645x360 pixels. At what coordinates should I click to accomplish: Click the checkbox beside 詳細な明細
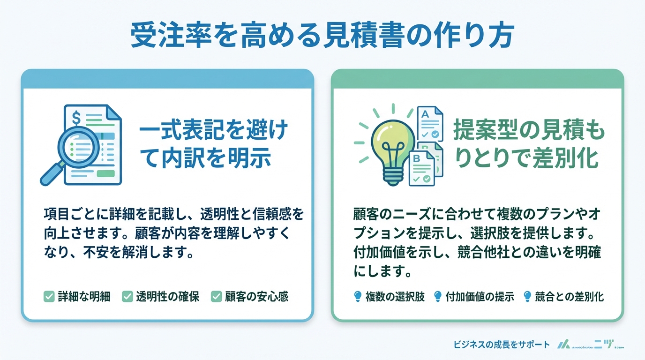(49, 296)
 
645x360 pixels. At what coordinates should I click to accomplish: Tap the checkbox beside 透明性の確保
(127, 296)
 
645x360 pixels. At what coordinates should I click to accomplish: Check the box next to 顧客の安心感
(216, 296)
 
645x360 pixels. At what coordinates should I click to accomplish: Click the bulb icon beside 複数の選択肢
(358, 296)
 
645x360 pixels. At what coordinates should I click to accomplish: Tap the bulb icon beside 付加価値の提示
(438, 296)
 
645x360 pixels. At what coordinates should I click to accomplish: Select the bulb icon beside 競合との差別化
(527, 296)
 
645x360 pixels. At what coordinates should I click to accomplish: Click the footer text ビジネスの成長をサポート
(502, 345)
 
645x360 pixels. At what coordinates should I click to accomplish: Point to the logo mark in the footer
(563, 345)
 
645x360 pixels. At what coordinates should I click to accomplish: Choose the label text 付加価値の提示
(480, 296)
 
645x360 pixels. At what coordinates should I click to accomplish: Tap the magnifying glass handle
(50, 176)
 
